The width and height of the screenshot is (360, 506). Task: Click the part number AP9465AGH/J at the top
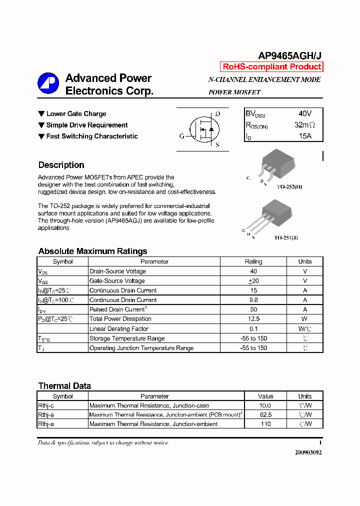(290, 56)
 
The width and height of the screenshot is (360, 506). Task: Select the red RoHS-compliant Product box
(271, 67)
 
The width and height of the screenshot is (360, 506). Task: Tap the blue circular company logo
(48, 83)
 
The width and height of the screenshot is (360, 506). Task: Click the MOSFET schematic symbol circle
(202, 129)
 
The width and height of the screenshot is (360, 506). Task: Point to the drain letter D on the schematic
(217, 114)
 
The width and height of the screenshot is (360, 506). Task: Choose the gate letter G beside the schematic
(181, 136)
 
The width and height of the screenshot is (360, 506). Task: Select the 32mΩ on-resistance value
(305, 125)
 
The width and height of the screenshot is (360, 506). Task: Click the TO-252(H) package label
(289, 187)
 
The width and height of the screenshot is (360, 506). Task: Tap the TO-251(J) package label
(285, 238)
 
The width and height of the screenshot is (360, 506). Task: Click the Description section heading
(61, 165)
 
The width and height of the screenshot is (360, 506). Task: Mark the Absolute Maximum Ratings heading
(92, 251)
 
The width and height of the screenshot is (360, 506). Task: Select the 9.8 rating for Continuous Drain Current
(253, 300)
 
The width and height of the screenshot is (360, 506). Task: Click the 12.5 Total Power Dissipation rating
(253, 319)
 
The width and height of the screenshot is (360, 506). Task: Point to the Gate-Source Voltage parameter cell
(116, 281)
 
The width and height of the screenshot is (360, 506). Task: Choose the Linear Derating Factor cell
(118, 329)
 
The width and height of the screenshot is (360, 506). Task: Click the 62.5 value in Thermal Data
(265, 415)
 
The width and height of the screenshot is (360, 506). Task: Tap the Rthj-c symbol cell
(46, 405)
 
